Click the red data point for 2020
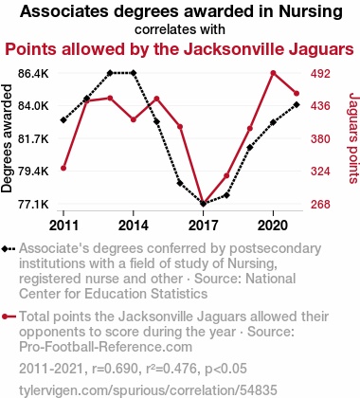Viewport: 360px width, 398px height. click(273, 73)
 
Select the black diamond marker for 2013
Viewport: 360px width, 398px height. click(110, 73)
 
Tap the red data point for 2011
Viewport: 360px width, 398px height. click(63, 168)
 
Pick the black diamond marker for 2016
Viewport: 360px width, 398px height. click(180, 183)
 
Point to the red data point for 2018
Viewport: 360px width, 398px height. click(226, 175)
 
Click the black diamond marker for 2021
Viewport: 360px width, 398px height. click(297, 104)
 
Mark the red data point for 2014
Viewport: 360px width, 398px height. click(134, 119)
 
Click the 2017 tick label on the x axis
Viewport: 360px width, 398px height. click(203, 226)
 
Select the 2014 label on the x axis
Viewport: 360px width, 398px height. click(134, 226)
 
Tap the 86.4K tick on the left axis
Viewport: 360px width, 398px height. click(33, 74)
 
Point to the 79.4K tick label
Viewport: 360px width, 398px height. click(33, 172)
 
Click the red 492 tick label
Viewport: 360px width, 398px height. click(320, 74)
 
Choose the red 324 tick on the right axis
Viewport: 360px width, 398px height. click(320, 172)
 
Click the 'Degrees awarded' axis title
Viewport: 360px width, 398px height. click(7, 138)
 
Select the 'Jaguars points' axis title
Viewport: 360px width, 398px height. click(353, 138)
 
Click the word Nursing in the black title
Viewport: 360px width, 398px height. click(311, 11)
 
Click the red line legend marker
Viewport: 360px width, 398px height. click(9, 317)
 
